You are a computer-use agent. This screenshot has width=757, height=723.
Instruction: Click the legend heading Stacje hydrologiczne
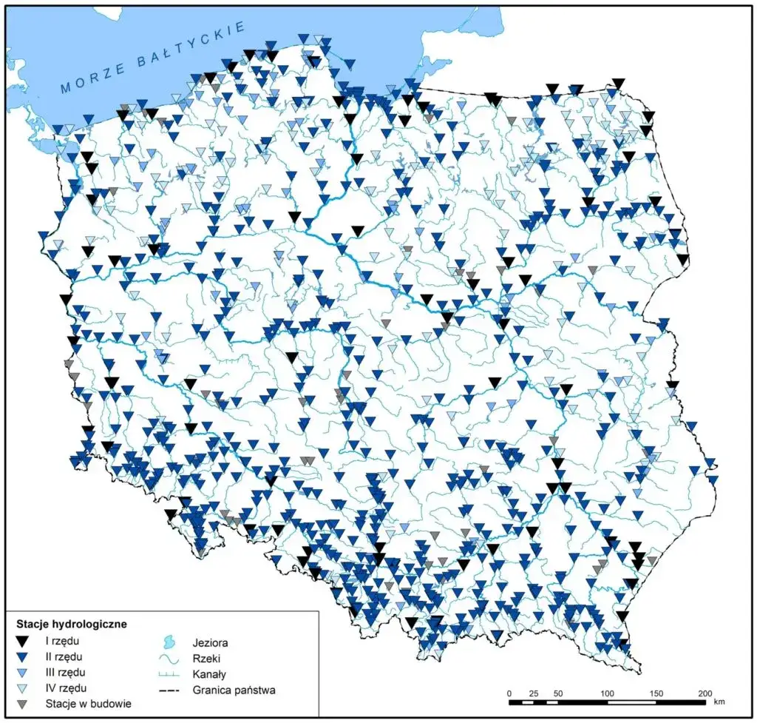point(67,624)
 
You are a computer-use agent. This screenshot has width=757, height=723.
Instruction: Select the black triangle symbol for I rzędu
point(24,641)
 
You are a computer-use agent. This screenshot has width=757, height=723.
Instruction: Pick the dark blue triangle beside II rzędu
point(24,656)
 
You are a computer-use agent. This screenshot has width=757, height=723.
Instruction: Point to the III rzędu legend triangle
point(24,673)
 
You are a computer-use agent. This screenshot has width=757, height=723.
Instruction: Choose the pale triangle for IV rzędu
point(24,688)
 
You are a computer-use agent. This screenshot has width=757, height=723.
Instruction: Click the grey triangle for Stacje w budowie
point(24,704)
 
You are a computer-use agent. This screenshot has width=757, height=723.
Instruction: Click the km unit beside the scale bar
point(719,701)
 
